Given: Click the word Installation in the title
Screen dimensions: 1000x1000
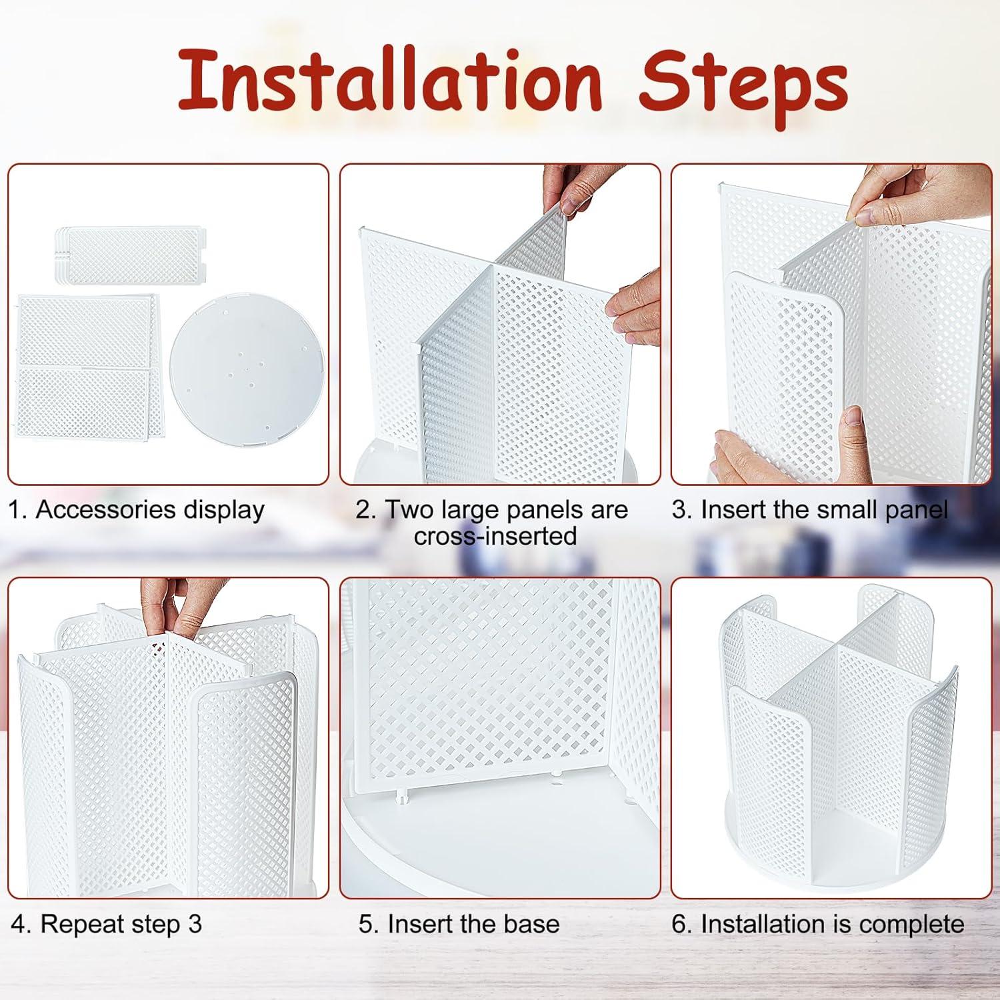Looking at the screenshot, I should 390,81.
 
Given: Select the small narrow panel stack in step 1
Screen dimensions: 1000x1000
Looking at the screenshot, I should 130,255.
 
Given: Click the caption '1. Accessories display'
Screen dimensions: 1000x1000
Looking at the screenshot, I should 137,510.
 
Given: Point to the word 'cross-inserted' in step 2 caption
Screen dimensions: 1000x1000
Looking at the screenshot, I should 495,537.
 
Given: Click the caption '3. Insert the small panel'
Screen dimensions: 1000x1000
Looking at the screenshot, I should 810,510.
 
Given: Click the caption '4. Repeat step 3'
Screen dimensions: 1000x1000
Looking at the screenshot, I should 107,925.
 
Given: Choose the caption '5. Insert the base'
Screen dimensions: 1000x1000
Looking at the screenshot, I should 459,925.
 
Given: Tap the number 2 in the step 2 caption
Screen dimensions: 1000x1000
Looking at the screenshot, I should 363,510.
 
